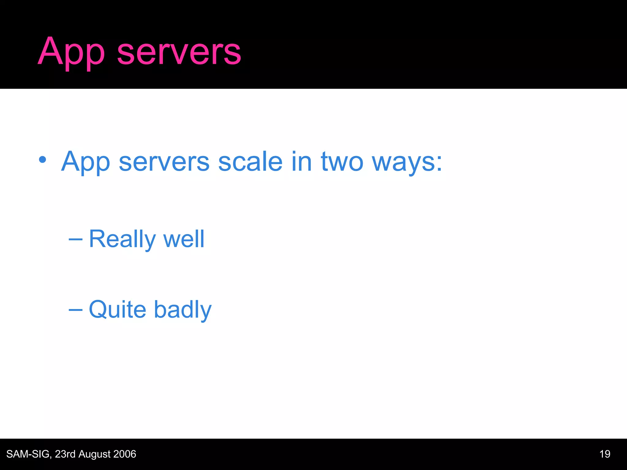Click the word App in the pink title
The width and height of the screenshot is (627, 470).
pos(71,52)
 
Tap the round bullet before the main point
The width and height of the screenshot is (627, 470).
pos(43,159)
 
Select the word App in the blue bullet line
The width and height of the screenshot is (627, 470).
pos(85,162)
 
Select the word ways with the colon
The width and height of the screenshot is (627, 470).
pos(407,162)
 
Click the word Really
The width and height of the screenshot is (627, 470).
pos(122,239)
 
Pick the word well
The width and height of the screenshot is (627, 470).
pos(184,239)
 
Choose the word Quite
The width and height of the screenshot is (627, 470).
pos(118,310)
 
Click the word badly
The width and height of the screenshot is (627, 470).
pos(182,310)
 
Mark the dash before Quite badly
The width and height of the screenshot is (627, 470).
pos(75,310)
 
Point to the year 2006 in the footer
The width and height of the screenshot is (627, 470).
pos(124,454)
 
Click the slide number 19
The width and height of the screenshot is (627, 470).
pos(605,454)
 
